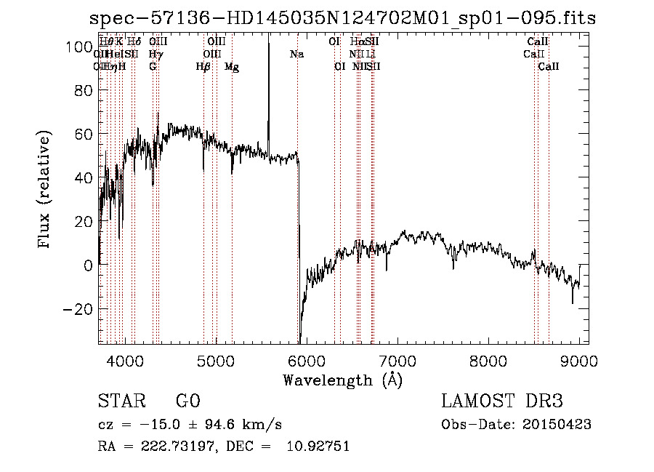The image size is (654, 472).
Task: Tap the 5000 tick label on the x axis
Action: [x=216, y=359]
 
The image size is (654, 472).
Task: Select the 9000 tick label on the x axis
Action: [x=579, y=359]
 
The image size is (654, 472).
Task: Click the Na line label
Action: [x=296, y=54]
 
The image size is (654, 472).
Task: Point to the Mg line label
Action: [x=232, y=67]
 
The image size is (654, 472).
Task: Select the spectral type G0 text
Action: [x=187, y=401]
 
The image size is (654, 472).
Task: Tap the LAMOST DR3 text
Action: [x=502, y=401]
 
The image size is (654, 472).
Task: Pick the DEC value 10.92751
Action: [x=318, y=446]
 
